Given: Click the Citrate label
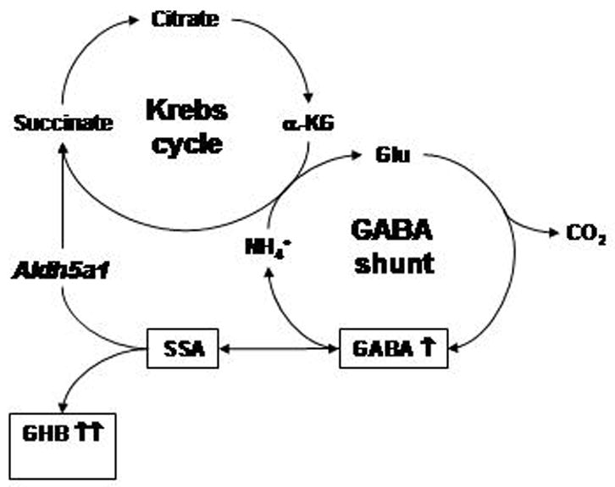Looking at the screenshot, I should [186, 19].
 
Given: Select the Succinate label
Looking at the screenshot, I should [64, 123].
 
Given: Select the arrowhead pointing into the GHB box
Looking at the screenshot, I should [61, 406].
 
